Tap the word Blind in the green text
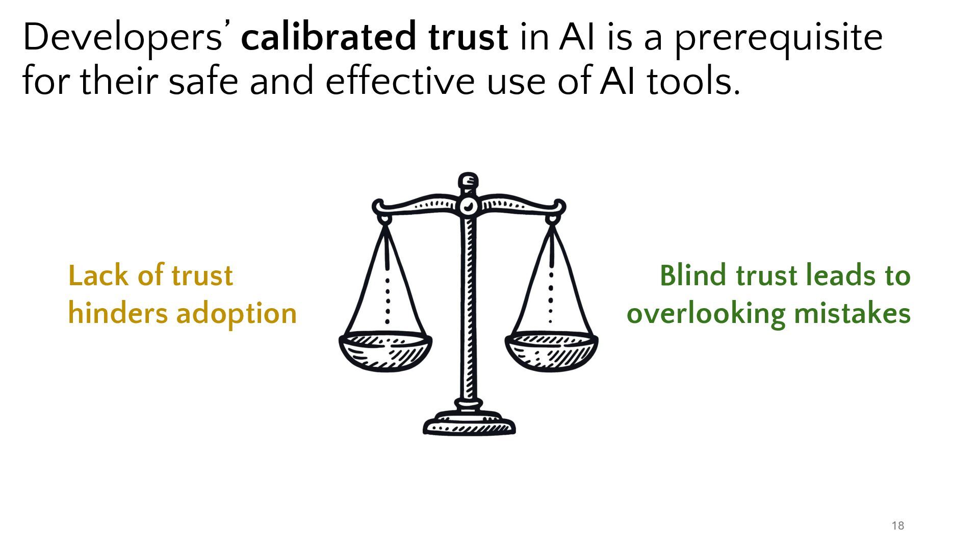pos(693,275)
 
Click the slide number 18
pos(898,526)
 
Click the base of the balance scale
pos(469,424)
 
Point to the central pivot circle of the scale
pos(468,207)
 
